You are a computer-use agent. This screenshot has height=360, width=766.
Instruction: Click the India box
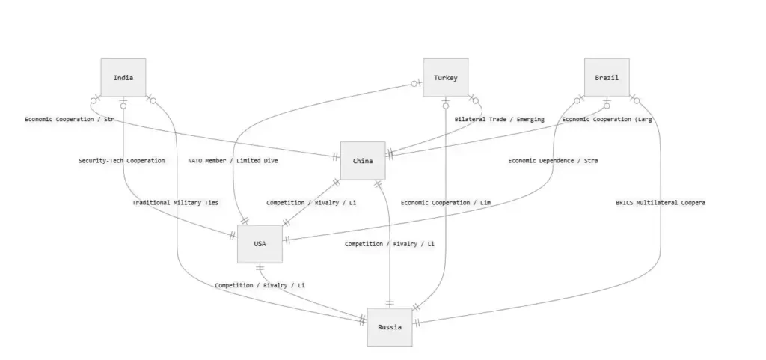123,78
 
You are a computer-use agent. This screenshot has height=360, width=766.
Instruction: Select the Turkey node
445,78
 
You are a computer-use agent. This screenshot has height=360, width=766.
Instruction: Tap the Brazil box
607,78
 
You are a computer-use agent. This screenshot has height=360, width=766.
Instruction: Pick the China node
363,161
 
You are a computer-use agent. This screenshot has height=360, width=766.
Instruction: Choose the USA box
260,243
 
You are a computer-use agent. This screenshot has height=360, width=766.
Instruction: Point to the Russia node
389,327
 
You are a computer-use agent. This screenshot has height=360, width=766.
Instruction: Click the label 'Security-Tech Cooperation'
121,161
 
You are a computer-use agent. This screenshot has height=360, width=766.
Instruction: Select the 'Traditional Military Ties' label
175,202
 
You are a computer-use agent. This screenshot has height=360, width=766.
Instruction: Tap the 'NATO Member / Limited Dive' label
233,161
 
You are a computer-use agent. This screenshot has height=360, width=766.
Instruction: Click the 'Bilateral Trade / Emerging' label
499,120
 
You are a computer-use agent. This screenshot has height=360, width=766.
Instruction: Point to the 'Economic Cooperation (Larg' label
607,120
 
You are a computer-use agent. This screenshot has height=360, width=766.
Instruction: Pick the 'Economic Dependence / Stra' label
553,161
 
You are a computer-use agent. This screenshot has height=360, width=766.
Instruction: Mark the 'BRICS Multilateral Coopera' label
661,202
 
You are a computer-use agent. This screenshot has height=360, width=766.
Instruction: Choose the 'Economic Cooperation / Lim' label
445,202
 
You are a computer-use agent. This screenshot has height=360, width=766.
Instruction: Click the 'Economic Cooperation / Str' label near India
70,120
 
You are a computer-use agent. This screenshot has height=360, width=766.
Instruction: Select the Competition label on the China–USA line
311,202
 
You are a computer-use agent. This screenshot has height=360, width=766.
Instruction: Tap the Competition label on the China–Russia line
389,244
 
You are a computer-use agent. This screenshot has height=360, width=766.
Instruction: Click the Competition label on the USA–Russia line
260,285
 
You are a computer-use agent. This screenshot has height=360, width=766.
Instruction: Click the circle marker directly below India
123,106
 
